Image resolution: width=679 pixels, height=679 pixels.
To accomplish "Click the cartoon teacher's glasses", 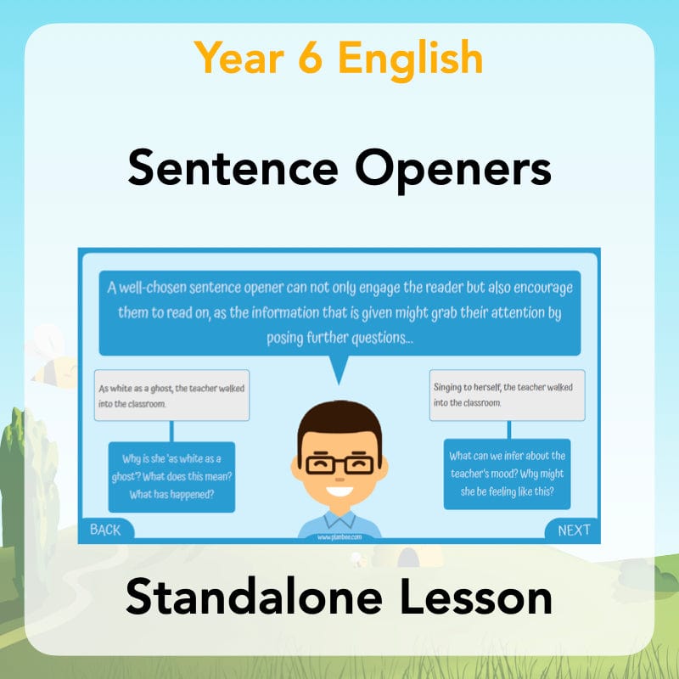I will pos(339,464).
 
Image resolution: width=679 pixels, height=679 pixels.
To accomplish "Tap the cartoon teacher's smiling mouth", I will pos(339,491).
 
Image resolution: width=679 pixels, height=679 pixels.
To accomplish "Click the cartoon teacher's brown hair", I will pos(339,420).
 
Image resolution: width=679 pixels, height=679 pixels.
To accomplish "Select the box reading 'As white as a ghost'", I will pos(172,396).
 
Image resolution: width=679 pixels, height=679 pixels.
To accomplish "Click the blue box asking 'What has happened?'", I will pos(171,476).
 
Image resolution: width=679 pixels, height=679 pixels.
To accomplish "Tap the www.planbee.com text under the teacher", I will pos(339,537).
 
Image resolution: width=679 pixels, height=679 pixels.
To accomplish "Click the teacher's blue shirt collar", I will pos(339,519).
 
